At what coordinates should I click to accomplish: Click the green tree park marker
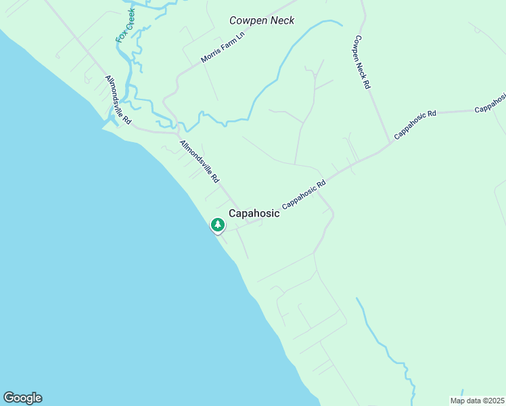tap(217, 225)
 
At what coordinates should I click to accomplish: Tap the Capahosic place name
tap(254, 213)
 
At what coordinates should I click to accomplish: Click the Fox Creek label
tap(125, 26)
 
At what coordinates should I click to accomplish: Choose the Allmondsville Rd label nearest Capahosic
tap(200, 162)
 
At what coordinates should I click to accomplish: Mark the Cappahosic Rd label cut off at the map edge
tap(490, 101)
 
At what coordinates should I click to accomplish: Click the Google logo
tap(22, 398)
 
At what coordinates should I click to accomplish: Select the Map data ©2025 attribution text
tap(476, 401)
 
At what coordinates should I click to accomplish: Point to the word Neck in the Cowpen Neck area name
tap(280, 20)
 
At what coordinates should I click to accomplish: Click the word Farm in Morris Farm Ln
tap(223, 49)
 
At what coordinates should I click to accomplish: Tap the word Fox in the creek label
tap(120, 35)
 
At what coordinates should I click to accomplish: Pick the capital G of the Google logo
tap(9, 397)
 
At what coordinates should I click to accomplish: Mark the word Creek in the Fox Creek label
tap(129, 19)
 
